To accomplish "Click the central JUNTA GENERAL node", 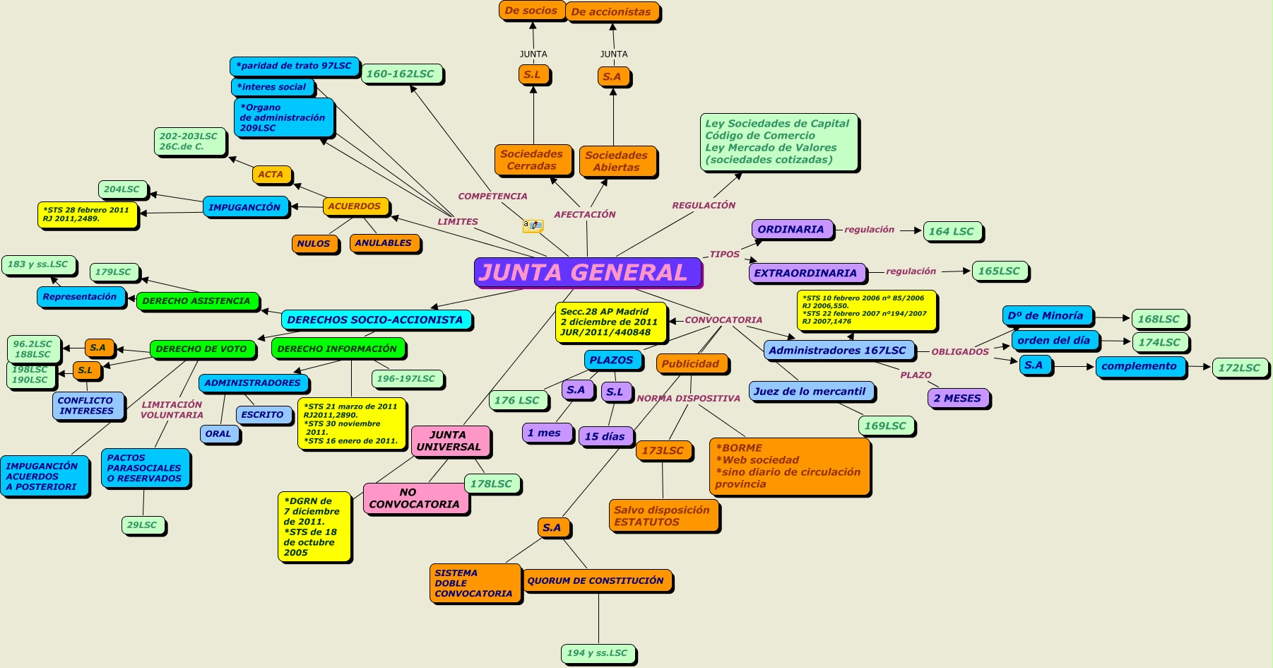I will point(587,272).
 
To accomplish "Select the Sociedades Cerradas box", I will point(532,160).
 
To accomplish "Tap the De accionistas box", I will point(612,12).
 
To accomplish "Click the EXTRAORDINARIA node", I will point(805,273).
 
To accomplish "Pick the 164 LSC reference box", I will point(952,231).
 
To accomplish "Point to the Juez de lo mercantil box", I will point(810,391).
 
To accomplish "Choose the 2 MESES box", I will point(957,398).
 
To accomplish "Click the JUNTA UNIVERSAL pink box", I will point(449,441).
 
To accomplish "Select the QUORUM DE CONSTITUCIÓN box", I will point(596,580).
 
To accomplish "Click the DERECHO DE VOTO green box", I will point(201,348).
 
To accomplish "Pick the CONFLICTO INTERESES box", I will point(86,406).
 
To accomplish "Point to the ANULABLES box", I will point(384,243).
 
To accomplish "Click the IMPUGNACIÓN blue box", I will point(244,207).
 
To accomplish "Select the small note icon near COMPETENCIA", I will point(532,225).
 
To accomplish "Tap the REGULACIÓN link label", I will point(704,205).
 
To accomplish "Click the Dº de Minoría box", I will point(1046,316).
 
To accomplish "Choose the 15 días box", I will point(605,436).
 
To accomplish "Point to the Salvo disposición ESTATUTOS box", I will point(662,516).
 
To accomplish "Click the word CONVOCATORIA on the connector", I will point(723,320).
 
